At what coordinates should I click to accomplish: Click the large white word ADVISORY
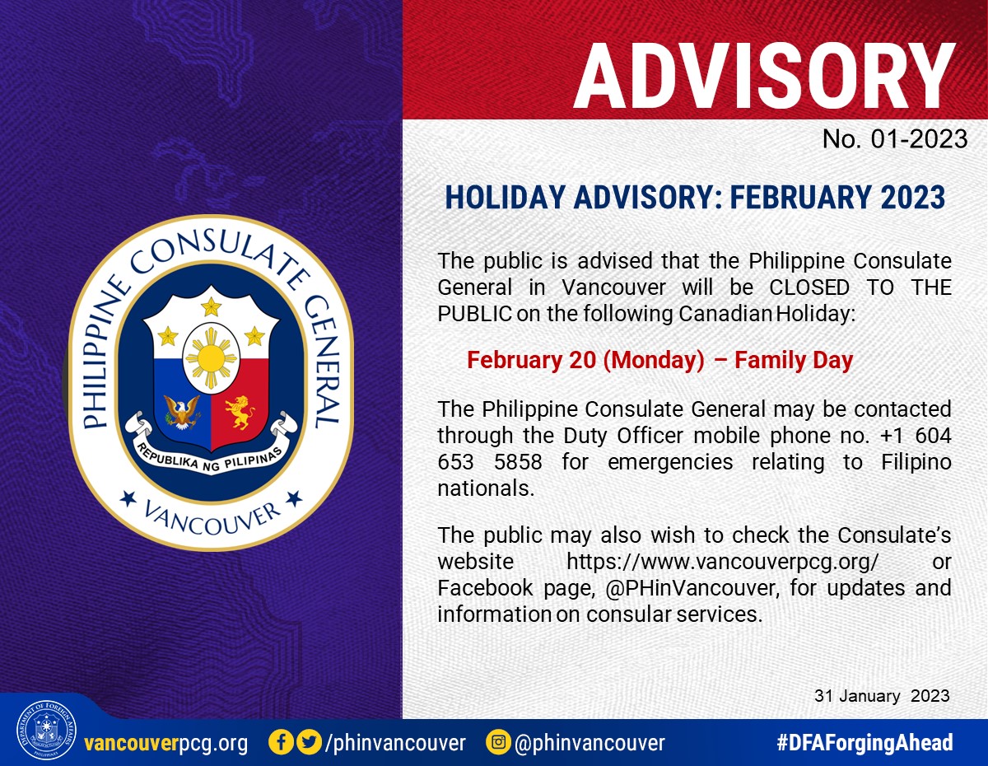click(x=763, y=77)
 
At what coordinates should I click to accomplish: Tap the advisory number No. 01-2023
click(x=895, y=138)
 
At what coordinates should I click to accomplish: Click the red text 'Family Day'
click(x=794, y=360)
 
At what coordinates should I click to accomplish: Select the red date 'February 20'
click(x=532, y=360)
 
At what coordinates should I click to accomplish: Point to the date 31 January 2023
click(x=882, y=696)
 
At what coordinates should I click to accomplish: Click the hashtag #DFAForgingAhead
click(x=864, y=742)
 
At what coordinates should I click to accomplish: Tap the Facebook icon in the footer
click(x=281, y=742)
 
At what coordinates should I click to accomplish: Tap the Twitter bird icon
click(x=310, y=742)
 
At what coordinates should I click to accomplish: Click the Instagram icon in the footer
click(x=498, y=742)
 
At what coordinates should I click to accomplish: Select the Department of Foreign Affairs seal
click(x=46, y=730)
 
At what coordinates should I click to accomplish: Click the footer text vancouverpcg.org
click(x=166, y=743)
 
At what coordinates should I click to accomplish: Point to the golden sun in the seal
click(x=211, y=358)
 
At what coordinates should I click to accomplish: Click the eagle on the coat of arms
click(x=182, y=412)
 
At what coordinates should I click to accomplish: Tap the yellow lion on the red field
click(x=240, y=412)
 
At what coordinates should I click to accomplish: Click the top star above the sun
click(x=211, y=306)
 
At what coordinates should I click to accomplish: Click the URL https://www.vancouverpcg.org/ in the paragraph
click(x=722, y=563)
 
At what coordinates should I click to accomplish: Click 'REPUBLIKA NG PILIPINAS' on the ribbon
click(x=210, y=458)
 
